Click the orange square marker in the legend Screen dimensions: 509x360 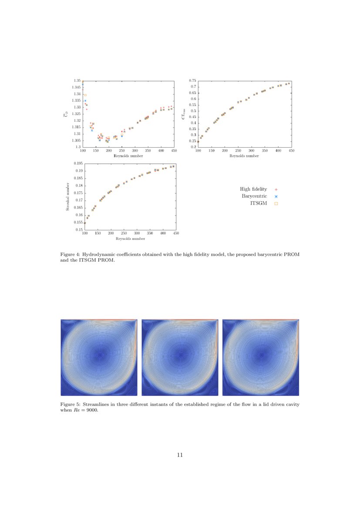pos(276,203)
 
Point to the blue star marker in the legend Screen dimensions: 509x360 pos(276,196)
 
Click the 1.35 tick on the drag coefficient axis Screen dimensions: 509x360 pos(77,81)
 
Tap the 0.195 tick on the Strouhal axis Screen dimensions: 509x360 pos(78,163)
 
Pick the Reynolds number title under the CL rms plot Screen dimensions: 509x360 pos(244,155)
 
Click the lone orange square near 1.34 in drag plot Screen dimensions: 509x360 pos(85,95)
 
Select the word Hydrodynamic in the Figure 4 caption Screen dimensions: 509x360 pos(99,253)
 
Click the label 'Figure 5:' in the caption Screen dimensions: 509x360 pos(70,404)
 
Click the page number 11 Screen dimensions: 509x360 pos(180,455)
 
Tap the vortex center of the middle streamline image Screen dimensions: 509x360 pos(181,355)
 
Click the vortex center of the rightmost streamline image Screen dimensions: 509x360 pos(262,355)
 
